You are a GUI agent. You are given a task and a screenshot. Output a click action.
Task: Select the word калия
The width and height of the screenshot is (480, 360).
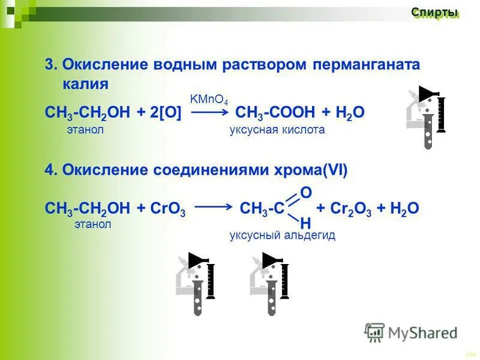coord(85,83)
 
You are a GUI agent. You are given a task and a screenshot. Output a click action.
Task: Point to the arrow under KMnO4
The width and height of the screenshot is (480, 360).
coord(209,112)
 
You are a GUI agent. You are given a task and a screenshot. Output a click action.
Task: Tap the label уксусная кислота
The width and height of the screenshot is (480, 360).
coord(277,130)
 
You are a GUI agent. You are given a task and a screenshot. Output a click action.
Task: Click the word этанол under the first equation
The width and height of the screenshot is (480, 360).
coord(86,130)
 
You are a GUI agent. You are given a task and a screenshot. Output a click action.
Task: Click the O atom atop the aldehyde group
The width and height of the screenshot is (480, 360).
coord(305,193)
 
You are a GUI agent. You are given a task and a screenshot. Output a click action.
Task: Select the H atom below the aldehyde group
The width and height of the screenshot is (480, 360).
coord(305,223)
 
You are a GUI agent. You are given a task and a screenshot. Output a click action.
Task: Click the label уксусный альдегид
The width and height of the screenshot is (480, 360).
coord(282,235)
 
